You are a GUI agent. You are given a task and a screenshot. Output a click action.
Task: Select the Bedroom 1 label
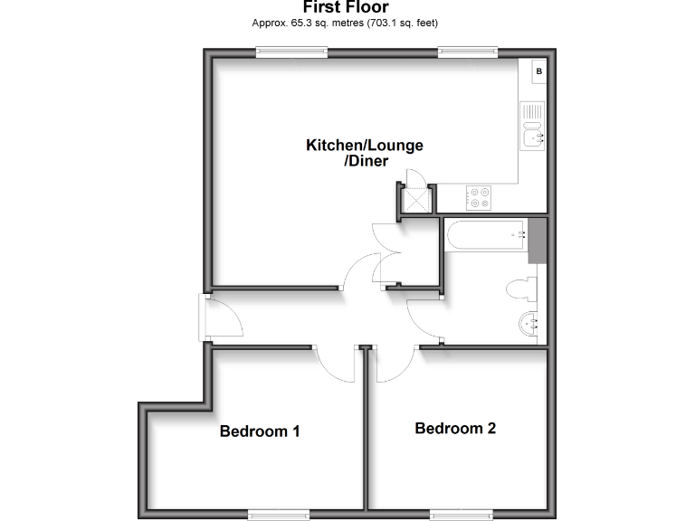pyautogui.click(x=260, y=431)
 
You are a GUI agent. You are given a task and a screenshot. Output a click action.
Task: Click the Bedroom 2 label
pyautogui.click(x=455, y=429)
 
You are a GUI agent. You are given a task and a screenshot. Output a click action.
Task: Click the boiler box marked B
pyautogui.click(x=538, y=71)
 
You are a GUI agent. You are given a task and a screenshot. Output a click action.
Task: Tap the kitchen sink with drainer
pyautogui.click(x=533, y=126)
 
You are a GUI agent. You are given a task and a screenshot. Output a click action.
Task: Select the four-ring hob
pyautogui.click(x=478, y=197)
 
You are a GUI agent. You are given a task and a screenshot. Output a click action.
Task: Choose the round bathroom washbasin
pyautogui.click(x=529, y=323)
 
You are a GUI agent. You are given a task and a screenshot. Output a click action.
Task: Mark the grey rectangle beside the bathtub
pyautogui.click(x=539, y=240)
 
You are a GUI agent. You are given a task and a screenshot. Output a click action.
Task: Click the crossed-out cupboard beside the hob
pyautogui.click(x=415, y=201)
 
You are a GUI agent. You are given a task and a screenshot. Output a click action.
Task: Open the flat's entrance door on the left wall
pyautogui.click(x=219, y=317)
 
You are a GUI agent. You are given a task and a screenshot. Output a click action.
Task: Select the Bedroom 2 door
pyautogui.click(x=393, y=364)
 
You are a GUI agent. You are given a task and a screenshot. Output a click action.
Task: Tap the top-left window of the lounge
pyautogui.click(x=291, y=52)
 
